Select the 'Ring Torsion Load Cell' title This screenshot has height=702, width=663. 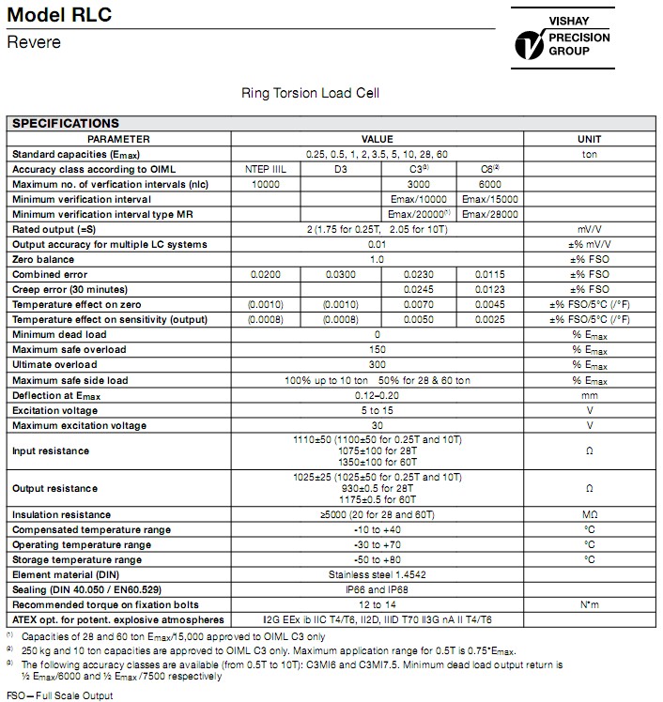point(311,94)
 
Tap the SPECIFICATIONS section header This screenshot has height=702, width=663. point(66,123)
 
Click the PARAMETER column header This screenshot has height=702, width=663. point(119,139)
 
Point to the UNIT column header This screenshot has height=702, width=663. point(591,139)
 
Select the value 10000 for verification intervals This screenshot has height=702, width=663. point(267,184)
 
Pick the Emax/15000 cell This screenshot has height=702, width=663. point(487,199)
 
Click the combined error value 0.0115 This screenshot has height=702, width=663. point(487,274)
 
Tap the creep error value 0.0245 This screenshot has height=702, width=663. point(418,289)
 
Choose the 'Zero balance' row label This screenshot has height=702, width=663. point(43,259)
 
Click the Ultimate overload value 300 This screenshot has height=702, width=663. point(377,364)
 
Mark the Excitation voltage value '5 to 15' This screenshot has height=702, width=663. point(377,409)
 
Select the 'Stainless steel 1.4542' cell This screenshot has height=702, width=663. point(377,574)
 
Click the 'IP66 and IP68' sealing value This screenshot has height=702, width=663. point(377,589)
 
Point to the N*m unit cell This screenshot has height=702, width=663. point(591,604)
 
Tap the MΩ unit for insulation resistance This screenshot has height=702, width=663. point(591,514)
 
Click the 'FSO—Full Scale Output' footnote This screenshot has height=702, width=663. point(59,695)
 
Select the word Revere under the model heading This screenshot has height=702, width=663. point(33,43)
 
